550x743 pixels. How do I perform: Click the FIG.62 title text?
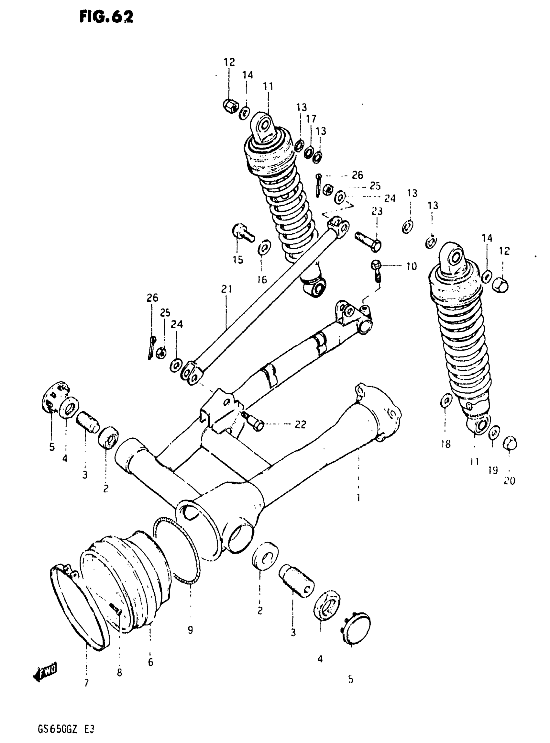click(x=106, y=17)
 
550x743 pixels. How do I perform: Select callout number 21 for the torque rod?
click(x=226, y=289)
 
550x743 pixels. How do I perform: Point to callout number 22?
click(x=300, y=424)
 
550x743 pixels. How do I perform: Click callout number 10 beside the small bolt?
click(x=411, y=266)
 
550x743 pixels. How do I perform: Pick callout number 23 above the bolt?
click(x=377, y=211)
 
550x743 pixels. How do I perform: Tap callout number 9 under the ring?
click(x=190, y=630)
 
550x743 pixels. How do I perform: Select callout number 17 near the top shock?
click(x=311, y=118)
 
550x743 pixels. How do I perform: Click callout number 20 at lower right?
click(x=509, y=480)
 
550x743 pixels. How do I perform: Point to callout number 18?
click(x=445, y=444)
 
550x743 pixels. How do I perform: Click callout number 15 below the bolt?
click(x=238, y=260)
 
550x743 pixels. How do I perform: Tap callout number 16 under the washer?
click(x=262, y=279)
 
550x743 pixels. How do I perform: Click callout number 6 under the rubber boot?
click(x=150, y=662)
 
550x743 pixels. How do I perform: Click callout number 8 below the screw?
click(x=119, y=673)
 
